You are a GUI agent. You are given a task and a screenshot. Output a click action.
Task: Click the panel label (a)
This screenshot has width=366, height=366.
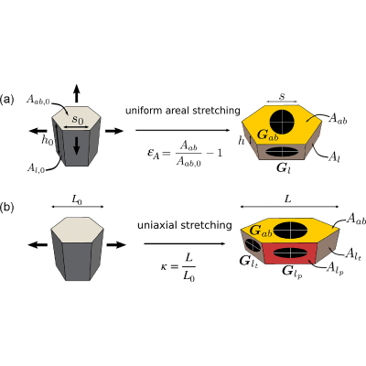7,100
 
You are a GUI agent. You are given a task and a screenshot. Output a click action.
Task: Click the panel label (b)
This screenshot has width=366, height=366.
7,208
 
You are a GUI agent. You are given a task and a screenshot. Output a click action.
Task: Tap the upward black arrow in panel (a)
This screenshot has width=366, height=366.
76,93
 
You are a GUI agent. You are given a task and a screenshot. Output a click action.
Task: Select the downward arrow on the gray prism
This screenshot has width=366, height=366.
76,145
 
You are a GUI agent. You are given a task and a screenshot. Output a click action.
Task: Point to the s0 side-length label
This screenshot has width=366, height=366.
78,119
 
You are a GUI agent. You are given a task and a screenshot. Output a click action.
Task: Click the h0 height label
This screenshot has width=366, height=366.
47,140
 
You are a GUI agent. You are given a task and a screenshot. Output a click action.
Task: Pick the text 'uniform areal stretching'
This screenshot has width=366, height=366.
183,110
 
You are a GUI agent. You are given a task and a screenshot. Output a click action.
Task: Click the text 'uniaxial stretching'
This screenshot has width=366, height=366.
185,225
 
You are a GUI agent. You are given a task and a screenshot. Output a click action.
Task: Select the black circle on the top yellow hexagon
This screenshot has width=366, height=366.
282,122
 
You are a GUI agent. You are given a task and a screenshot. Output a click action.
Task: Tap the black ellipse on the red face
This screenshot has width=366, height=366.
286,253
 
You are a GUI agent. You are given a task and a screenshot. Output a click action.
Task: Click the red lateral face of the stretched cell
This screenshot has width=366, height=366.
286,253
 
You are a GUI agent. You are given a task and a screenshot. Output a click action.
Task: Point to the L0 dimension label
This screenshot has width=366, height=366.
77,200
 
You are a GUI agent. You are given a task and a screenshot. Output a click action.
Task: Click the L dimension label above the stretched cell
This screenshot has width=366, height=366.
288,199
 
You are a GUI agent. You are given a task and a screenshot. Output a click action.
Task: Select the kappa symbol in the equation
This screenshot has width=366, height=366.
164,267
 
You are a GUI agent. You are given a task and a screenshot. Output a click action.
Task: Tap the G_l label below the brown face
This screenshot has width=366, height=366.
284,168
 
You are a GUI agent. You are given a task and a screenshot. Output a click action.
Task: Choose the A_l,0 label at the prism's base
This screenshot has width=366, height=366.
36,168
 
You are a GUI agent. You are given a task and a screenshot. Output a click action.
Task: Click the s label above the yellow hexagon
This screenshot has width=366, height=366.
282,96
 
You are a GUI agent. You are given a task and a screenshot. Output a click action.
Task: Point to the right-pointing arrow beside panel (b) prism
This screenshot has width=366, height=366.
116,244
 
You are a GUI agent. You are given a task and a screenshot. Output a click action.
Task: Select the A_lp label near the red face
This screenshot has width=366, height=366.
335,269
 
